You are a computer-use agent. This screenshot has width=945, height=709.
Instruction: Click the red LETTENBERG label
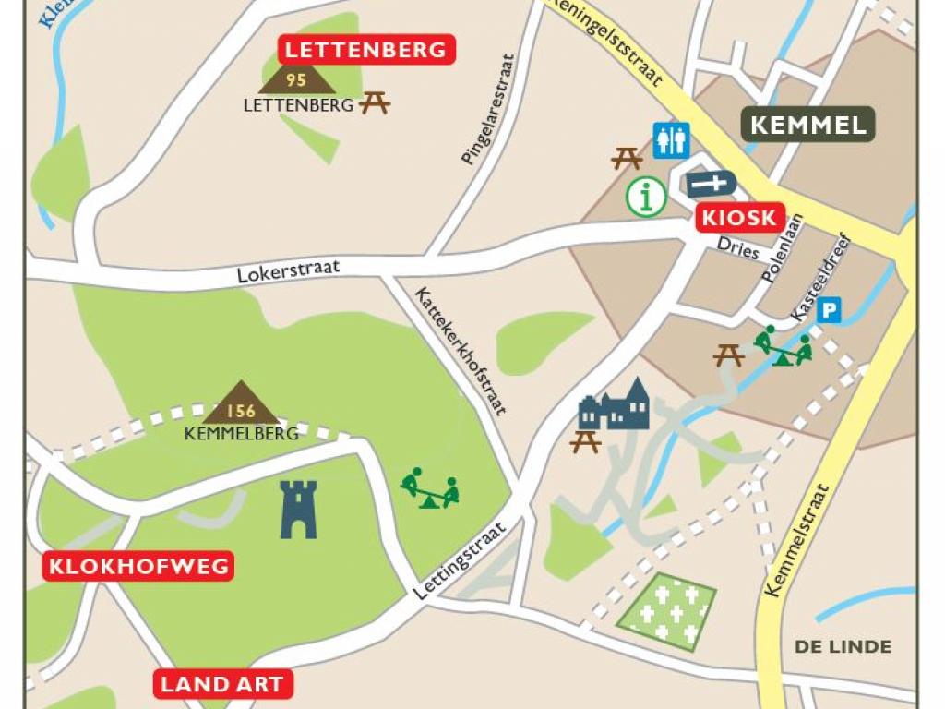(x=367, y=50)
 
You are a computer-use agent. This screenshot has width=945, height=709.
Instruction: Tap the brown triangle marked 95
(x=296, y=79)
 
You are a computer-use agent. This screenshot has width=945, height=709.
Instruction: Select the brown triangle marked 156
(x=241, y=404)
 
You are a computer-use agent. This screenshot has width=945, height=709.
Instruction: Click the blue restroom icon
(x=671, y=140)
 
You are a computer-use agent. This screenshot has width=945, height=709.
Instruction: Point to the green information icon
(x=647, y=196)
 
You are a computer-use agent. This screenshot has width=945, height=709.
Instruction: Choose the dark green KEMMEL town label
(x=808, y=126)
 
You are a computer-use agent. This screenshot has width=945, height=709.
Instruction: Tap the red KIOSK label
(x=740, y=219)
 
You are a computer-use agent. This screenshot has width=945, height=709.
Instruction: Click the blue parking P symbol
(x=830, y=310)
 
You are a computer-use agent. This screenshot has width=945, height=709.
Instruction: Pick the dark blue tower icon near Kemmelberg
(x=299, y=509)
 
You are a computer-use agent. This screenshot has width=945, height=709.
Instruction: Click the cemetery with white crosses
(x=666, y=611)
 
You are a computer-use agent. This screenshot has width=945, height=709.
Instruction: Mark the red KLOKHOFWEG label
(x=138, y=566)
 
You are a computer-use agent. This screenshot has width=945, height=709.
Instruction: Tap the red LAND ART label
(x=222, y=684)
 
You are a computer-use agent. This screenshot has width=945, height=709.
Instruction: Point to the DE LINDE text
(x=843, y=646)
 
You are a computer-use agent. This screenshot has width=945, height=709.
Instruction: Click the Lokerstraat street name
(x=288, y=271)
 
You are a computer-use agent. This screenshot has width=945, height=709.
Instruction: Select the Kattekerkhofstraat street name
(x=461, y=351)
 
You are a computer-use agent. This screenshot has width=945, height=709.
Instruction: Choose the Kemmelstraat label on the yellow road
(x=797, y=540)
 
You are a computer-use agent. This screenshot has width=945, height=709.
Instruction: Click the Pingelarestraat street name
(x=487, y=109)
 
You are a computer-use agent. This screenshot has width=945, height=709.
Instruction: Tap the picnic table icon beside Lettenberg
(x=375, y=102)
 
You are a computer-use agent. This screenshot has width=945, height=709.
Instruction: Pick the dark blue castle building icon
(x=615, y=406)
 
